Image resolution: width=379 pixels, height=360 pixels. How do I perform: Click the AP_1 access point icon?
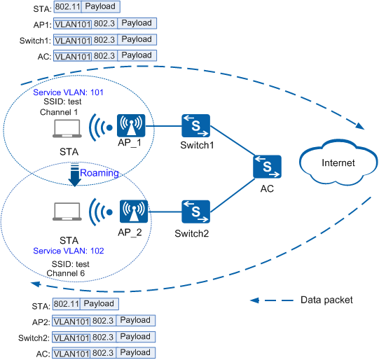pyautogui.click(x=131, y=125)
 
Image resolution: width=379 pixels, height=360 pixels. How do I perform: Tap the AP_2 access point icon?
pyautogui.click(x=134, y=212)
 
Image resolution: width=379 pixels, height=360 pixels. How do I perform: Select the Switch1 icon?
pyautogui.click(x=195, y=125)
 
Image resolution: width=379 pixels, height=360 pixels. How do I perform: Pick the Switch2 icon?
pyautogui.click(x=195, y=212)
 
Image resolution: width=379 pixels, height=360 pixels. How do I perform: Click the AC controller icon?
pyautogui.click(x=267, y=167)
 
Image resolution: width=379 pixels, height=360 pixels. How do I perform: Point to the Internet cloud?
pyautogui.click(x=338, y=162)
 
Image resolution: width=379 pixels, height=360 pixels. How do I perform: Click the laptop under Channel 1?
pyautogui.click(x=67, y=129)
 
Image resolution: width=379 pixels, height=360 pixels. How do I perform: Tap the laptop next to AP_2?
pyautogui.click(x=67, y=212)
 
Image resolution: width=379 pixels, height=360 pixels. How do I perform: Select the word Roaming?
pyautogui.click(x=99, y=173)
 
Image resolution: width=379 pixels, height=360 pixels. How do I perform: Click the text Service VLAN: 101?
pyautogui.click(x=68, y=92)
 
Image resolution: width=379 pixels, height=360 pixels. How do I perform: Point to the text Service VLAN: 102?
pyautogui.click(x=69, y=251)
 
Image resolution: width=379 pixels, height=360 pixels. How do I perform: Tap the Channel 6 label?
pyautogui.click(x=66, y=273)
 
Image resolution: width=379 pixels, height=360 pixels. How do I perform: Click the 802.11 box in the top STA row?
pyautogui.click(x=68, y=6)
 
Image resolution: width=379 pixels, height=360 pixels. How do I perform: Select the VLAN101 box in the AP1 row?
pyautogui.click(x=73, y=25)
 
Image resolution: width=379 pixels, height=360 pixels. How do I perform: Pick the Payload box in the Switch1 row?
pyautogui.click(x=137, y=39)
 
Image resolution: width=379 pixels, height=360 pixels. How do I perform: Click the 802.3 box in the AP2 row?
pyautogui.click(x=103, y=321)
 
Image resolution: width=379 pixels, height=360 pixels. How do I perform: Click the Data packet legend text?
pyautogui.click(x=326, y=300)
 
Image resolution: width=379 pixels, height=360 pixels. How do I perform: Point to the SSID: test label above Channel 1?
pyautogui.click(x=62, y=102)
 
